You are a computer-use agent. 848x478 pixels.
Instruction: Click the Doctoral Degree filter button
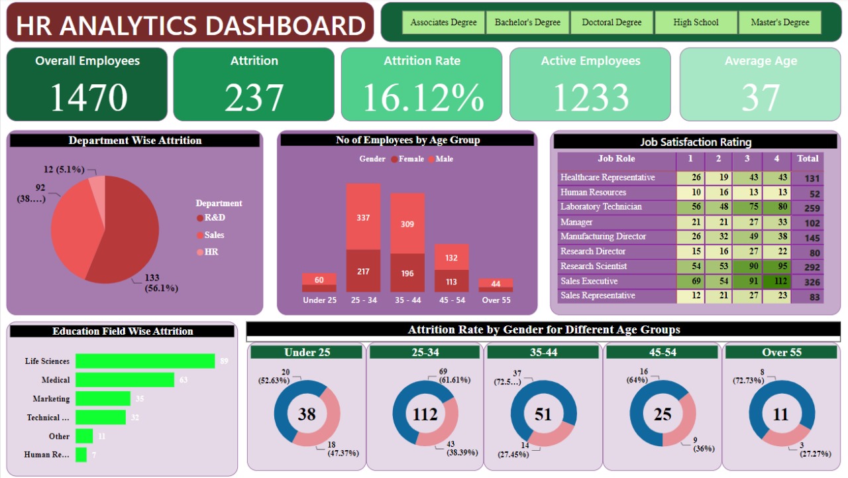[611, 23]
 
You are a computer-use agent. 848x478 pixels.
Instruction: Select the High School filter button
[696, 23]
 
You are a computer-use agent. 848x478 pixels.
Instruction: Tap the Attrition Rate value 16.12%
[423, 97]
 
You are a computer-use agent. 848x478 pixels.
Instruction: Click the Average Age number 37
[761, 97]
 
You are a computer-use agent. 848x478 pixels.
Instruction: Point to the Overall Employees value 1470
[88, 97]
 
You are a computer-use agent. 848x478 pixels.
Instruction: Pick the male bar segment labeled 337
[363, 217]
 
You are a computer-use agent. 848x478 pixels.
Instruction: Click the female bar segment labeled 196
[407, 273]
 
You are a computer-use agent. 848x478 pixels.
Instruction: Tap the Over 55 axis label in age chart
[496, 300]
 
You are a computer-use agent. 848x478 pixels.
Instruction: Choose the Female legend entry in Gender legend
[407, 159]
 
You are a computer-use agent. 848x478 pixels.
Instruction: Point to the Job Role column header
[616, 159]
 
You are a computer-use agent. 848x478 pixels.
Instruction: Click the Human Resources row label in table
[593, 192]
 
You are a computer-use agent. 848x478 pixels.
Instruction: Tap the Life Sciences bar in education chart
[145, 361]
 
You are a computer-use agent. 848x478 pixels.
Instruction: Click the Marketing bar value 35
[140, 399]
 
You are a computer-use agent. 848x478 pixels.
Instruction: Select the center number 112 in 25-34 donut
[425, 414]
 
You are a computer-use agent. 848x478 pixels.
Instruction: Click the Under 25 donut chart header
[307, 353]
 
